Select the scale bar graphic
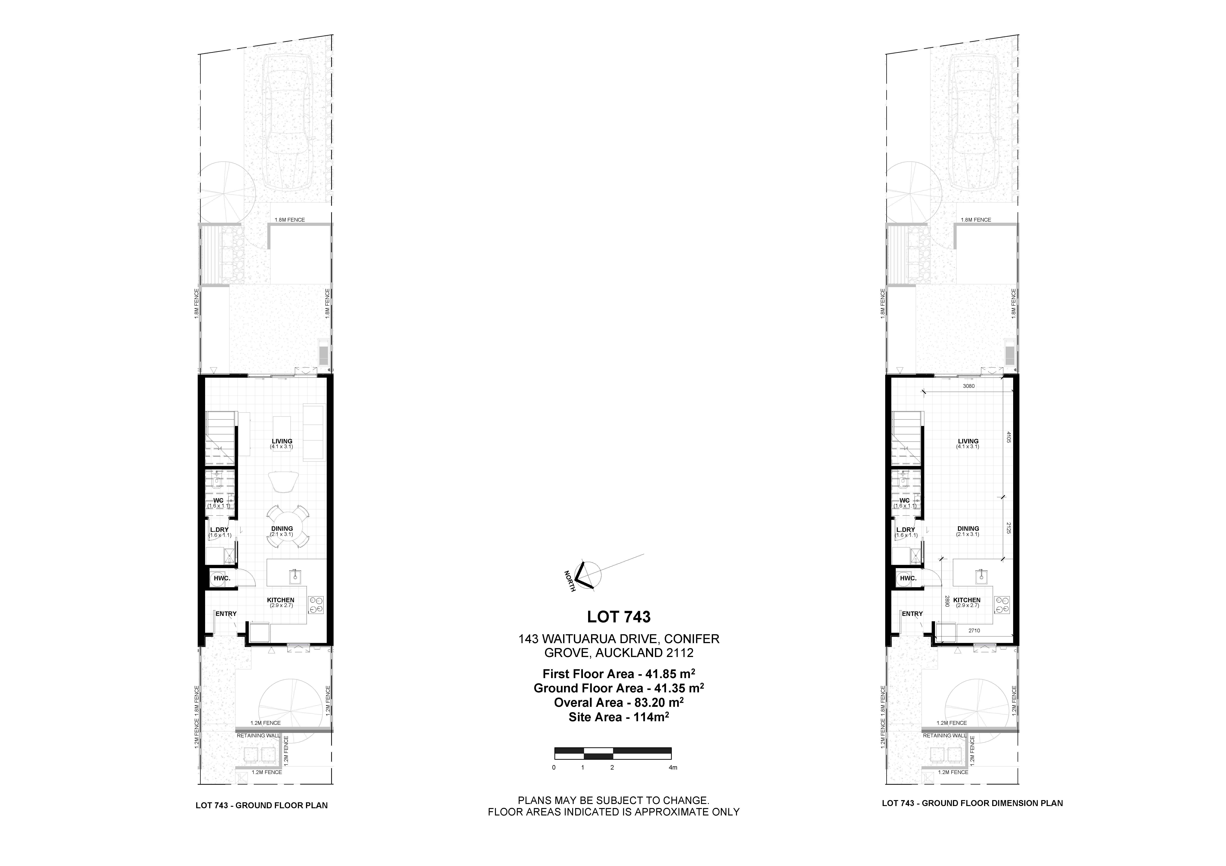coord(613,753)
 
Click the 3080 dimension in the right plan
coord(969,386)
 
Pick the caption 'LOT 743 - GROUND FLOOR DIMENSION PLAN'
coord(972,803)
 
